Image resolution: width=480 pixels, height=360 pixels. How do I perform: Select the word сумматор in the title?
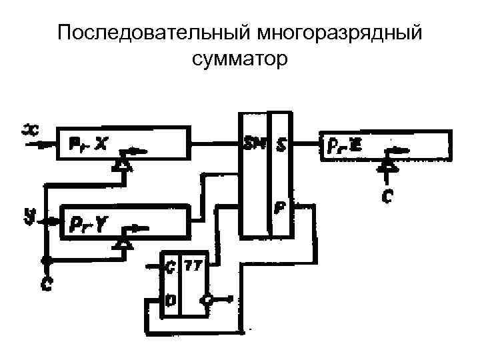(x=239, y=61)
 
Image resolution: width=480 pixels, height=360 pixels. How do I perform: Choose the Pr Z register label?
(x=345, y=143)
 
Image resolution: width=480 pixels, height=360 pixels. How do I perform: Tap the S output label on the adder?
(x=281, y=143)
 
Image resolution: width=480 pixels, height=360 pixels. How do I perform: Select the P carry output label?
(x=281, y=207)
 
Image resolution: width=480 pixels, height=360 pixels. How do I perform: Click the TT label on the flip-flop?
(x=194, y=265)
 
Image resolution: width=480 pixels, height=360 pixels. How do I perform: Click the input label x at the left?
(x=30, y=128)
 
